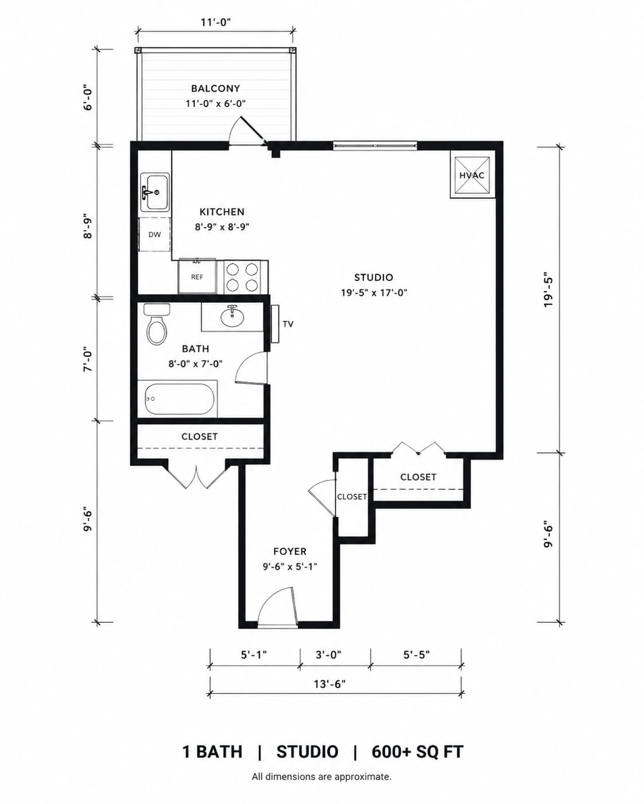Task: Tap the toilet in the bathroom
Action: point(157,324)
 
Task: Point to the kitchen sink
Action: point(154,193)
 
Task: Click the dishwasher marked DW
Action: point(154,235)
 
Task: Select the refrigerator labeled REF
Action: point(197,276)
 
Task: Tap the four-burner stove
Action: point(242,277)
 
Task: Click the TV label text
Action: point(288,324)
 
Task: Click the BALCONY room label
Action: point(215,88)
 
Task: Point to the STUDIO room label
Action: point(374,277)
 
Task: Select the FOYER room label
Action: point(290,552)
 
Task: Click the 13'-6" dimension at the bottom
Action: point(330,684)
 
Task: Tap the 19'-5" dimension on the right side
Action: point(548,289)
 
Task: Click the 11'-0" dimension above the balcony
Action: point(216,22)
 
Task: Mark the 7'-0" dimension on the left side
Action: point(87,360)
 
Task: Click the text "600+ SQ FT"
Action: point(417,752)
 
